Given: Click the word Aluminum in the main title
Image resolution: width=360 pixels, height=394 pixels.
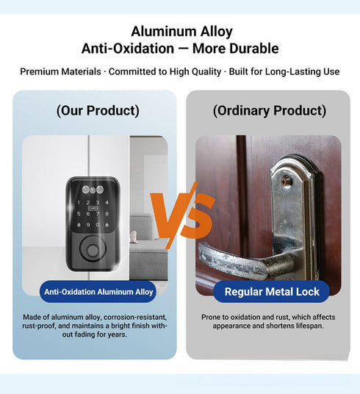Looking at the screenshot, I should [x=156, y=32].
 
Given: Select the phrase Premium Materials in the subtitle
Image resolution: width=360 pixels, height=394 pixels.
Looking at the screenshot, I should [x=54, y=72].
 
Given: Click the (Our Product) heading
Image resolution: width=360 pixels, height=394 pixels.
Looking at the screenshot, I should [x=97, y=111].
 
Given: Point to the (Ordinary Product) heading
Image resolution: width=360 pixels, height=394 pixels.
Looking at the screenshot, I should [x=269, y=111].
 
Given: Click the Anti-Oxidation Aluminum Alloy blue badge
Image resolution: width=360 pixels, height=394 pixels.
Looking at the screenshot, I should [x=98, y=292].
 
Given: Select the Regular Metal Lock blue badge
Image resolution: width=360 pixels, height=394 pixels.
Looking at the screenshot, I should [x=272, y=292].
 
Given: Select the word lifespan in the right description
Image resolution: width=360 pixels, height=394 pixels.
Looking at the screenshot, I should [x=306, y=325].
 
